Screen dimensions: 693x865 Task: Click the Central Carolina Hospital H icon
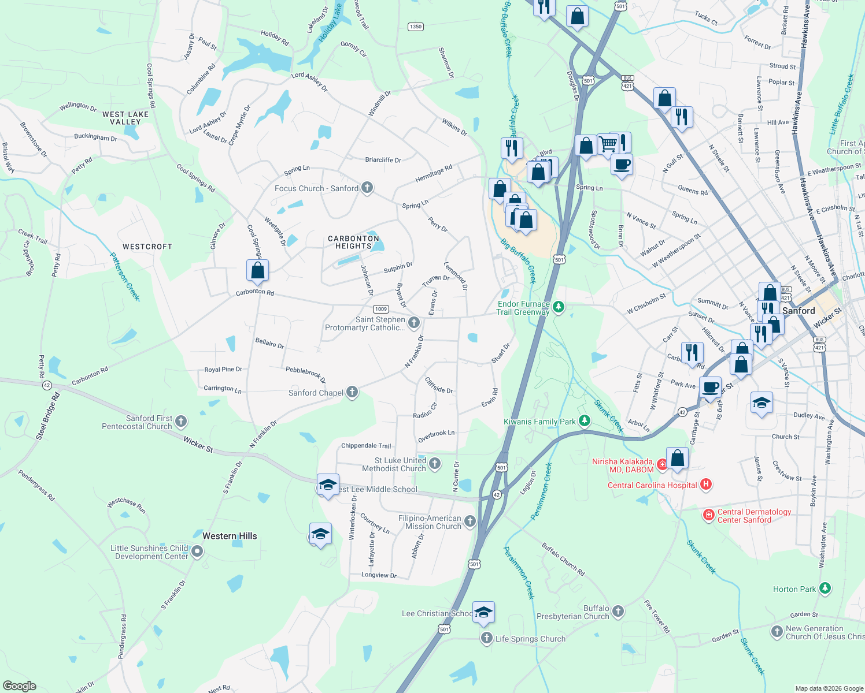pyautogui.click(x=705, y=485)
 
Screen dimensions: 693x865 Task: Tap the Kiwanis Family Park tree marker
pyautogui.click(x=585, y=421)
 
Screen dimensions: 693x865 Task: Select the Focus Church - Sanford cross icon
pyautogui.click(x=367, y=188)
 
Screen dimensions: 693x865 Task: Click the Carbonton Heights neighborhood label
pyautogui.click(x=353, y=242)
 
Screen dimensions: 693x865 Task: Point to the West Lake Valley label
pyautogui.click(x=125, y=118)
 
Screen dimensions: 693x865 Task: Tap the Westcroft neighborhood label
pyautogui.click(x=147, y=247)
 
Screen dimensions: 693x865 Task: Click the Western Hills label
pyautogui.click(x=230, y=536)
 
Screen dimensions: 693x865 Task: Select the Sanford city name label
pyautogui.click(x=799, y=311)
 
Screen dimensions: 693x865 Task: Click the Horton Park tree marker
pyautogui.click(x=825, y=588)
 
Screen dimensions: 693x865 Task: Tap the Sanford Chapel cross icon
pyautogui.click(x=352, y=393)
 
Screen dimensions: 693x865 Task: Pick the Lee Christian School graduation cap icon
pyautogui.click(x=483, y=612)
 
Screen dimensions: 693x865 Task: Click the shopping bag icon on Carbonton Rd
pyautogui.click(x=257, y=270)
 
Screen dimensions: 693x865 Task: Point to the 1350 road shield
pyautogui.click(x=415, y=27)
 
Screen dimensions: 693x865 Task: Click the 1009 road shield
pyautogui.click(x=380, y=309)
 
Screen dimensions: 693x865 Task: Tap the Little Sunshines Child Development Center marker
pyautogui.click(x=197, y=552)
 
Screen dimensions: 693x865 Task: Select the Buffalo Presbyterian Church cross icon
pyautogui.click(x=618, y=612)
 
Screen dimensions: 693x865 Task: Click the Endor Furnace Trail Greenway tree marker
pyautogui.click(x=558, y=307)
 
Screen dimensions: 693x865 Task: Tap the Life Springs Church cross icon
pyautogui.click(x=487, y=638)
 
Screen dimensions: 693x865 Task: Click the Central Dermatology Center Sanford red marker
pyautogui.click(x=709, y=515)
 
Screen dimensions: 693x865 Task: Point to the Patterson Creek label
pyautogui.click(x=125, y=277)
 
